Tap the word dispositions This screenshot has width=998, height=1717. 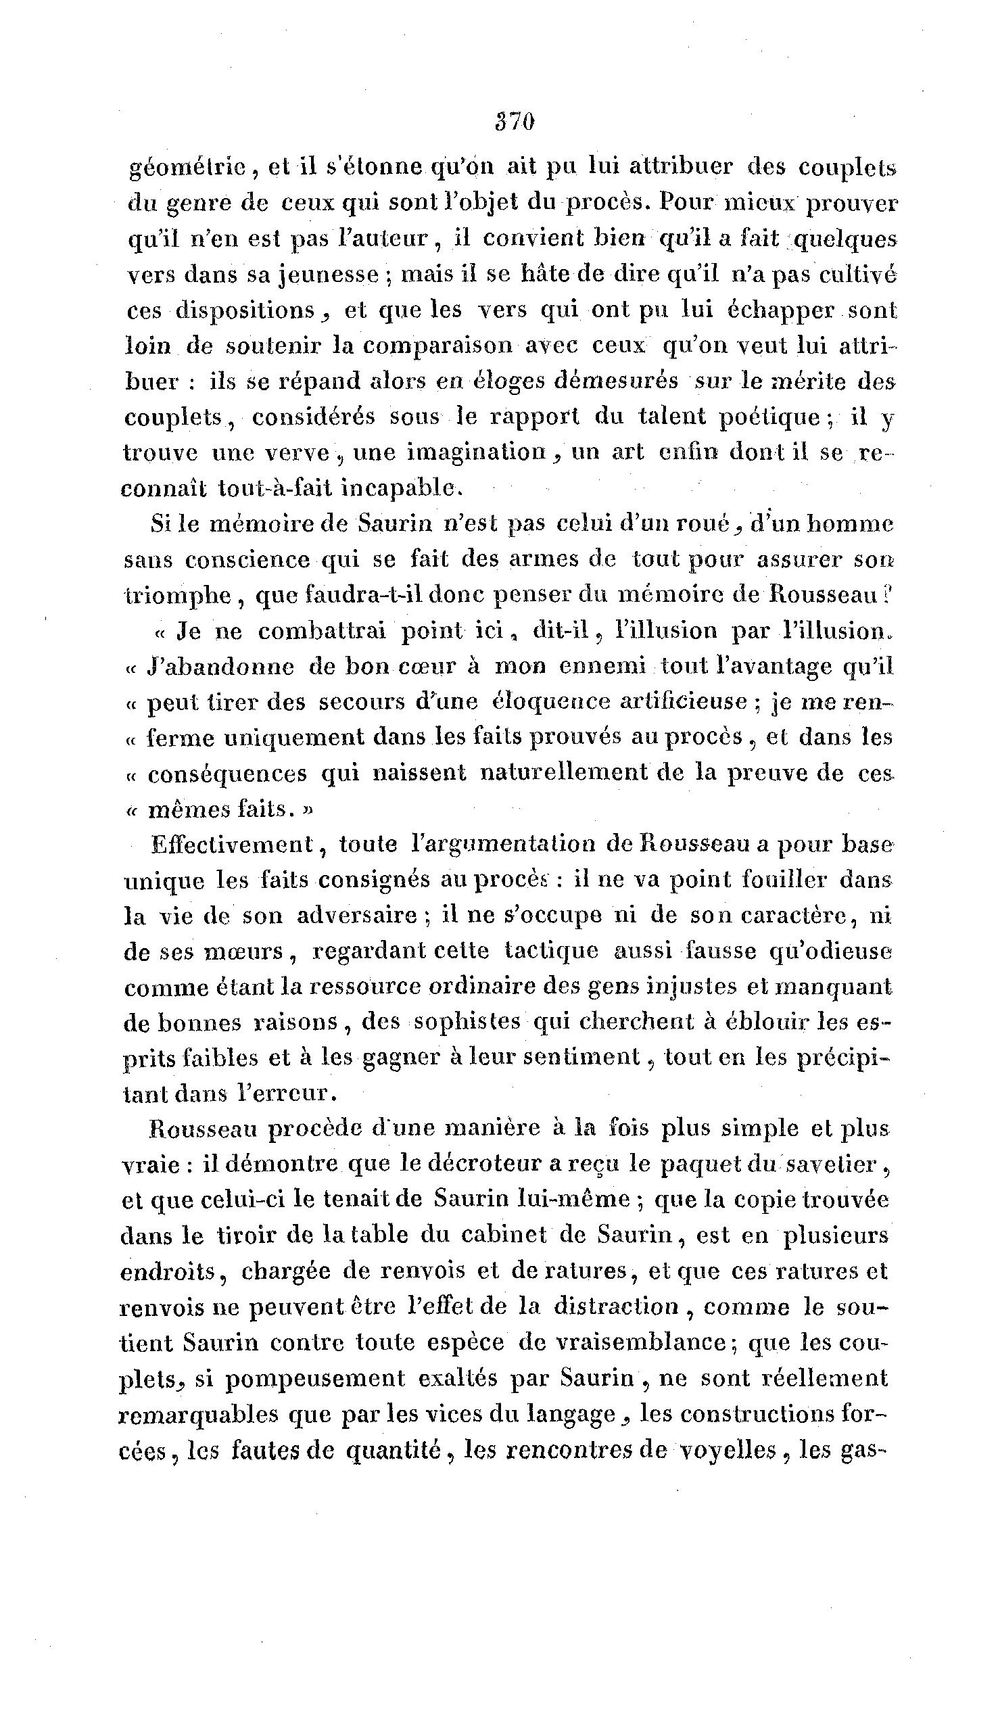tap(245, 310)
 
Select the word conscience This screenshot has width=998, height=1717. tap(248, 560)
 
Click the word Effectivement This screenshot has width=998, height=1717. tap(232, 845)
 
